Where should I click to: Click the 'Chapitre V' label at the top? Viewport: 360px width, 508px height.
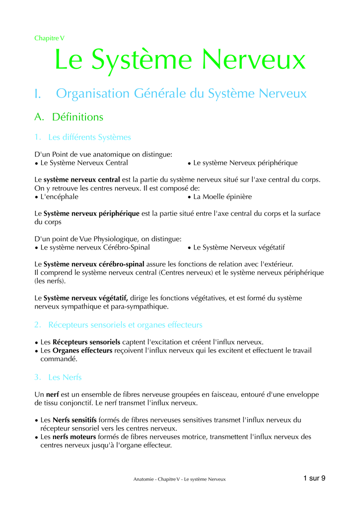49,38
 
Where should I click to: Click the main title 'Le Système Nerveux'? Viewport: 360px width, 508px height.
180,60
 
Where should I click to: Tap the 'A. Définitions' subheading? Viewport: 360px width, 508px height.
69,117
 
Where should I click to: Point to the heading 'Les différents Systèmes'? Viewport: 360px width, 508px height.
89,137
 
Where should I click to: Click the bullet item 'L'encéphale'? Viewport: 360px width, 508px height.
59,196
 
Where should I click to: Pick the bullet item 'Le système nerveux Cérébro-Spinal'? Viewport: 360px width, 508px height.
95,247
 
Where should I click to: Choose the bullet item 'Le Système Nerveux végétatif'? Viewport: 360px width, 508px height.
239,247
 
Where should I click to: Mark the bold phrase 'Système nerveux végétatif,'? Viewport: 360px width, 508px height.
86,298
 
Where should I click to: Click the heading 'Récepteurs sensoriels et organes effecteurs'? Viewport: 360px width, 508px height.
125,325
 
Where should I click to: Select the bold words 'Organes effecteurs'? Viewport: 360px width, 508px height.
82,350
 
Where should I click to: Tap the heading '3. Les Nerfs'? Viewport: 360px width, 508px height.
58,377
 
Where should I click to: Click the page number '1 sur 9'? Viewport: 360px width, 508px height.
314,478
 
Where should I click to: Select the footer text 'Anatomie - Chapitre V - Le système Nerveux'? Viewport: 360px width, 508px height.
179,479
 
